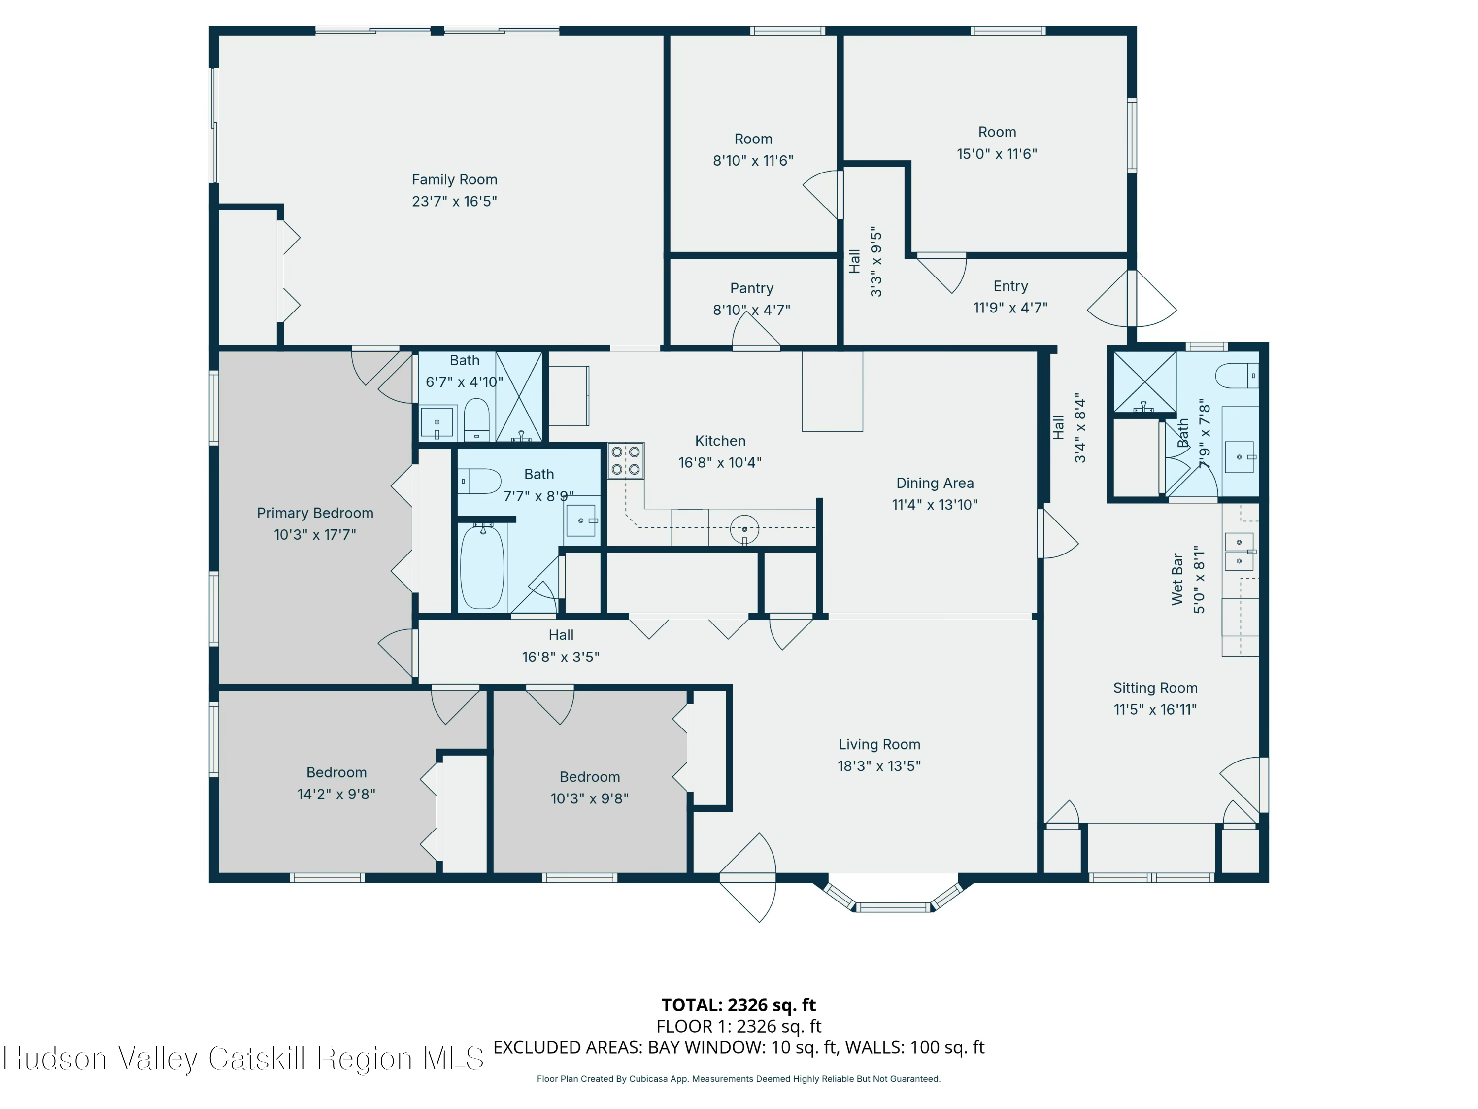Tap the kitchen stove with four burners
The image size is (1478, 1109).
(x=625, y=460)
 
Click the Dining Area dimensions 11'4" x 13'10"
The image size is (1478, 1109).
(x=934, y=505)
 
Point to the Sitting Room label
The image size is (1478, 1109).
(x=1155, y=688)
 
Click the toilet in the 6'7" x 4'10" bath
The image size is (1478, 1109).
(x=476, y=420)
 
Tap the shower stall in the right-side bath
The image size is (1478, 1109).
(x=1144, y=381)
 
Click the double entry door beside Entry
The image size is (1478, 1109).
(x=1131, y=299)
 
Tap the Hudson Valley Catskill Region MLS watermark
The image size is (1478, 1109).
(x=244, y=1058)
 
